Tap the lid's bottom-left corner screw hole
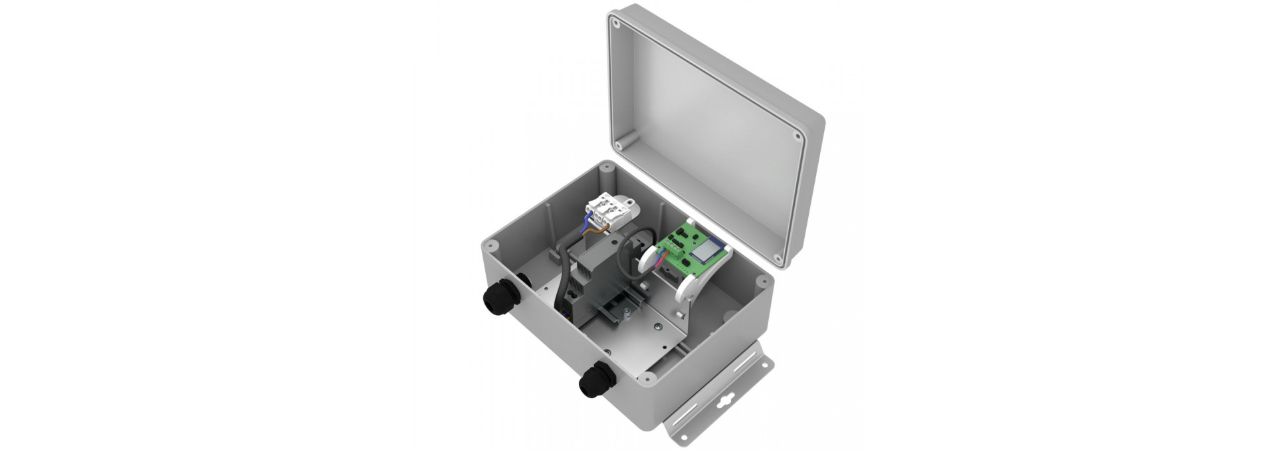pyautogui.click(x=619, y=143)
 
